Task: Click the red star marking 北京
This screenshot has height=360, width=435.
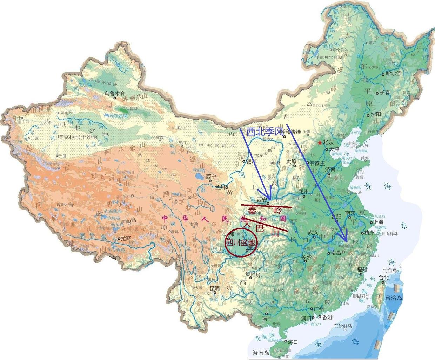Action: pos(320,142)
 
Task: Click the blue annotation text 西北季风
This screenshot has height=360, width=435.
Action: pos(265,132)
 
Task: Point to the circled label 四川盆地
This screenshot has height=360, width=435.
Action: pos(240,242)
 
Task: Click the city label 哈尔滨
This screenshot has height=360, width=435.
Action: pos(393,73)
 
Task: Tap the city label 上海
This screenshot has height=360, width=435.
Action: pos(379,222)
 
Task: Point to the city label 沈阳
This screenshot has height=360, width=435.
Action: pos(375,115)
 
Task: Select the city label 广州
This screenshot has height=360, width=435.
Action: pos(319,308)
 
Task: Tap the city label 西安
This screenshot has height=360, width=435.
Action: pos(262,199)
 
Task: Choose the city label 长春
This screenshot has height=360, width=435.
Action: pos(384,93)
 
